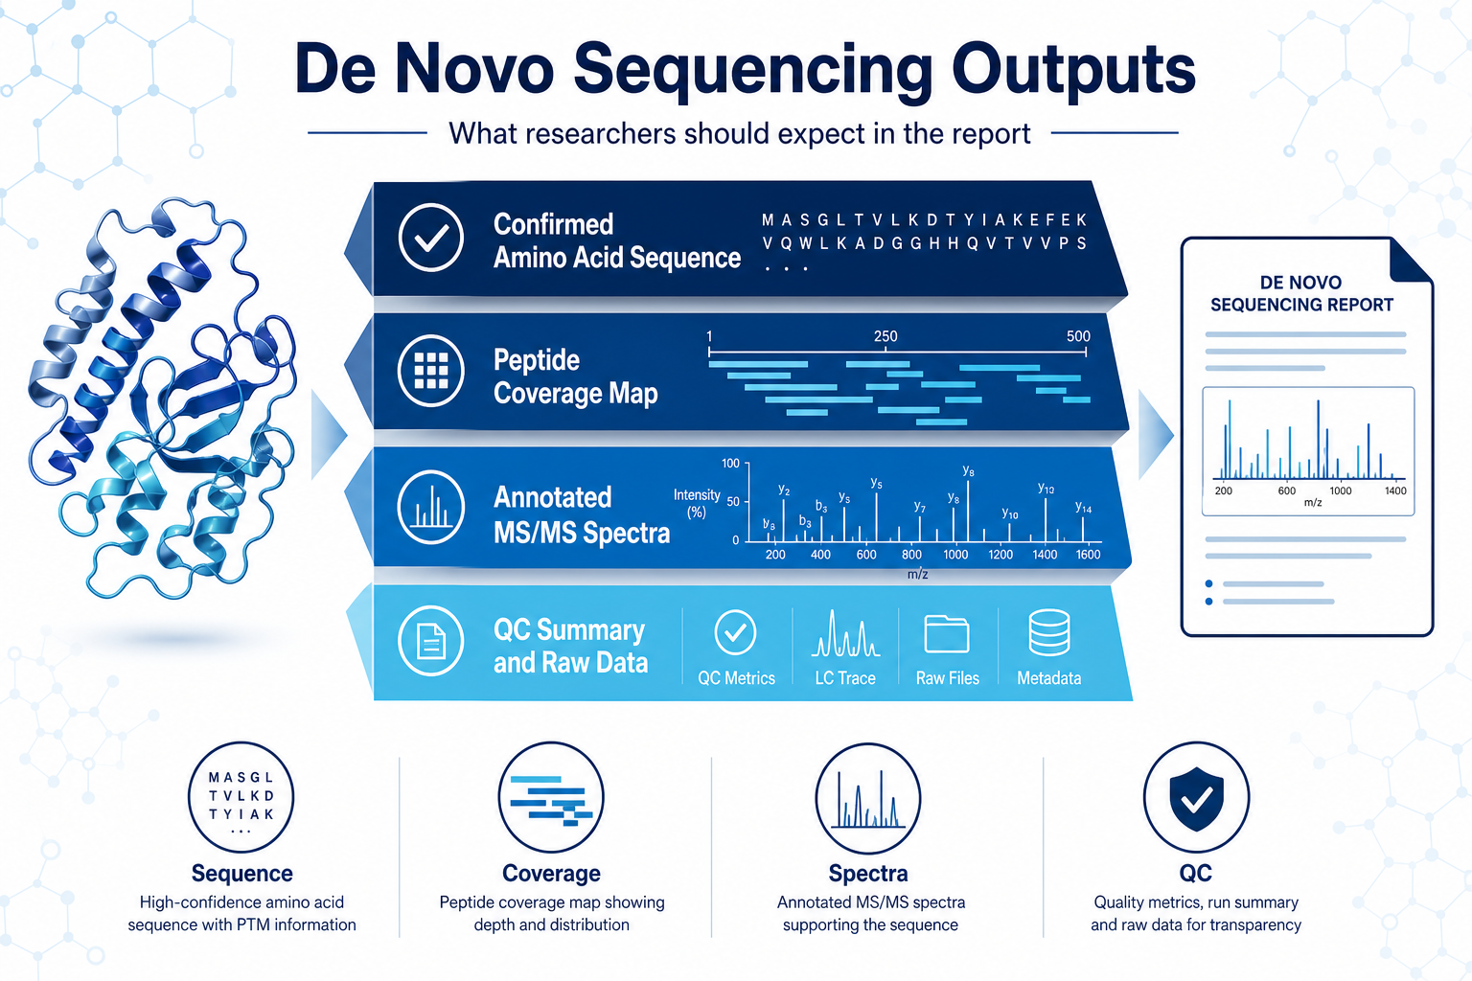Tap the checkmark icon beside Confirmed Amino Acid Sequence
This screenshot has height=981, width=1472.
430,238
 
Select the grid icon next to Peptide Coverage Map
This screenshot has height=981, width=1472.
430,372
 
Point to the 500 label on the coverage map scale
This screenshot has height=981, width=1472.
1078,336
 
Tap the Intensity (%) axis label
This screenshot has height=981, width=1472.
697,503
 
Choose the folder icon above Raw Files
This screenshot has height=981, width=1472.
946,634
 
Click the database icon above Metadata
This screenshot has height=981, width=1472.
1049,632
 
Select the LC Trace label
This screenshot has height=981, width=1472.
845,678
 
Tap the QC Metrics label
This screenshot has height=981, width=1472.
736,678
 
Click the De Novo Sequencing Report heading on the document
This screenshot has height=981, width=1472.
1301,294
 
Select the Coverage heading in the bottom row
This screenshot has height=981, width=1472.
551,874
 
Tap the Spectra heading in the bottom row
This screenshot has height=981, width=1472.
868,874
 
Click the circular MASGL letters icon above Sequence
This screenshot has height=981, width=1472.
241,798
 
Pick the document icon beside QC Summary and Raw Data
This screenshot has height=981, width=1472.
430,641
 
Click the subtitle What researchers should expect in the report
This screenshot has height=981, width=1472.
739,134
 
